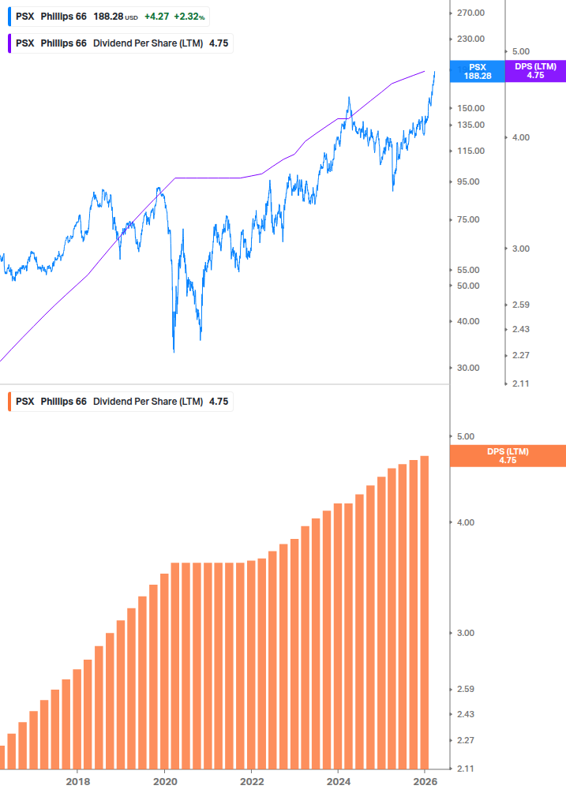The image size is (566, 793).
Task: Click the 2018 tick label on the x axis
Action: (x=77, y=781)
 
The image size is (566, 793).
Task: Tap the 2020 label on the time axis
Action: (x=164, y=781)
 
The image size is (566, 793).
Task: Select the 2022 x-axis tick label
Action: (x=251, y=781)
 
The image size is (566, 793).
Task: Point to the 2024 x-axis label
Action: (x=337, y=781)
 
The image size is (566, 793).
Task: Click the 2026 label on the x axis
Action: (x=424, y=781)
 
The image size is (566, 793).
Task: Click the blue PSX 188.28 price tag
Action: (x=477, y=72)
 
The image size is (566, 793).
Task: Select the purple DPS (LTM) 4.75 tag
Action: (x=535, y=72)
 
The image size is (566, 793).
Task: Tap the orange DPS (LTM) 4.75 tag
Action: (x=507, y=456)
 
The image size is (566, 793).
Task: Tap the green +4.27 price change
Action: (x=157, y=16)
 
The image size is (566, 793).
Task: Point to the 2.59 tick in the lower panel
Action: (x=466, y=689)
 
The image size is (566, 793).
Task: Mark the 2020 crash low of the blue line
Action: (x=174, y=350)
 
